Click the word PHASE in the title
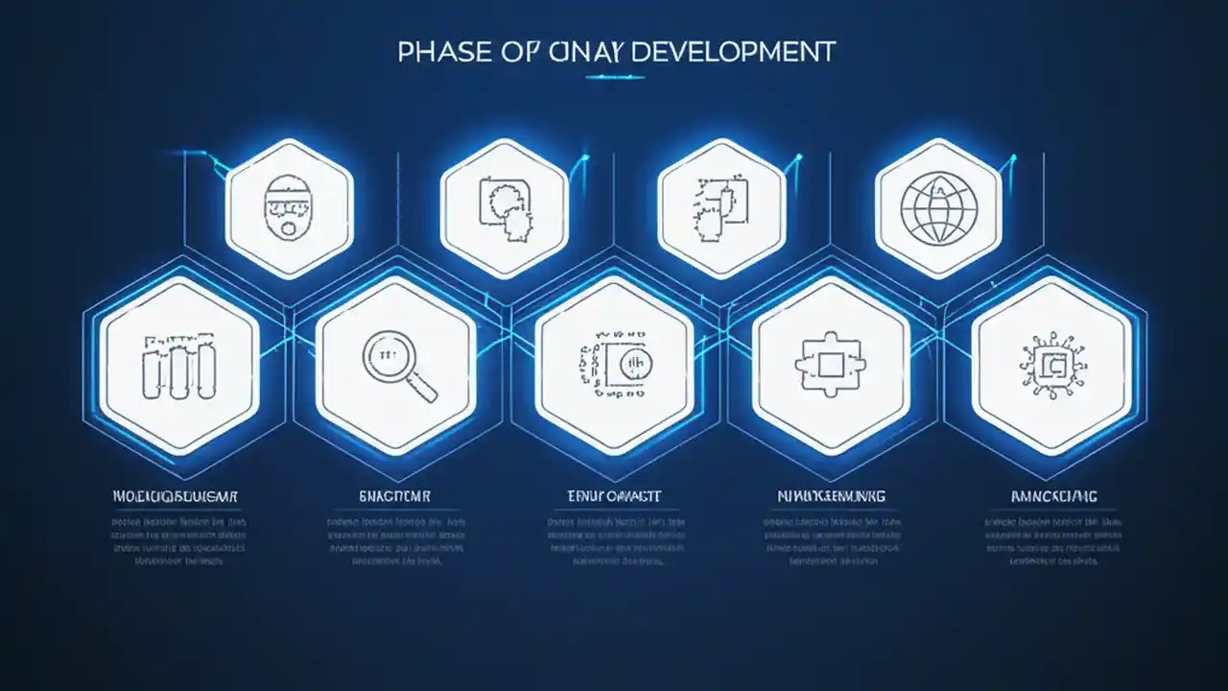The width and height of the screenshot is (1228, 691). click(x=437, y=52)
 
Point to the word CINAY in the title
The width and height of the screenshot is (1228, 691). click(x=579, y=52)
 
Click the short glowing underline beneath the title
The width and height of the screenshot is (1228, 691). click(x=614, y=77)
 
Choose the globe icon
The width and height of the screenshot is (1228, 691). click(x=939, y=206)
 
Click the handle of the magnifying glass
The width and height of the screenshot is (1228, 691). click(x=421, y=386)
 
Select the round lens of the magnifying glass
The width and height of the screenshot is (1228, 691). click(x=389, y=357)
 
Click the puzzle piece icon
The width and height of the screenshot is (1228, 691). click(x=831, y=365)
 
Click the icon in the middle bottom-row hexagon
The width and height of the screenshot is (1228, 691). click(x=614, y=365)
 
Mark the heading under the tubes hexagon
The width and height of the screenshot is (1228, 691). click(x=175, y=496)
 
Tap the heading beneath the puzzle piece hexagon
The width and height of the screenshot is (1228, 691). click(x=831, y=496)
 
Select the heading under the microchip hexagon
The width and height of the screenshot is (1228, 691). click(x=1052, y=496)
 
